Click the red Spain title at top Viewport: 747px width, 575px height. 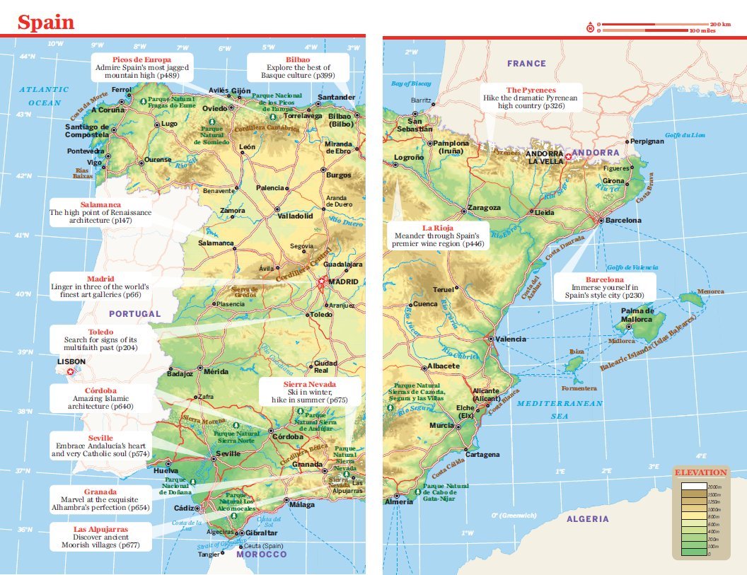[x=46, y=22]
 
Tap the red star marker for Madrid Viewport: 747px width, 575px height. [x=321, y=281]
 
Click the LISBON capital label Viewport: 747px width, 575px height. [x=70, y=361]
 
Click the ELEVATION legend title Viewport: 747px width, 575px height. [x=700, y=472]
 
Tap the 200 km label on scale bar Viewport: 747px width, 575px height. [x=720, y=24]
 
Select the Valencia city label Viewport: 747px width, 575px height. [x=511, y=339]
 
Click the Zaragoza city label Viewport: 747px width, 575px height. [x=485, y=209]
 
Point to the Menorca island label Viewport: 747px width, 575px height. [x=710, y=291]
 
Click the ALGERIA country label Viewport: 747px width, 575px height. [x=587, y=519]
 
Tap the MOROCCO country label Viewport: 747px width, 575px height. [x=262, y=554]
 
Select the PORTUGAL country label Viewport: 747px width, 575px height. [x=134, y=313]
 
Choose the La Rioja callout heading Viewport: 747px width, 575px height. [x=437, y=228]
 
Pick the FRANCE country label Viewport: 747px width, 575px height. [x=526, y=64]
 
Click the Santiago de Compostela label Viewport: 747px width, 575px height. [x=86, y=131]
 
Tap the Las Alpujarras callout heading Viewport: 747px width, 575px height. [x=101, y=528]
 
